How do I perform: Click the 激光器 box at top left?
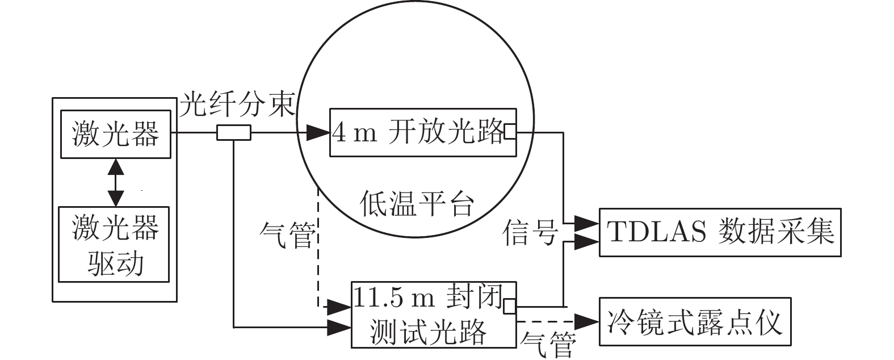coord(116,134)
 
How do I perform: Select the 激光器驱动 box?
coord(114,244)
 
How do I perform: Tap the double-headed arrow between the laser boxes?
coord(116,182)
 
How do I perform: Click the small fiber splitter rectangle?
coord(233,133)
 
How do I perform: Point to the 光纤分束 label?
coord(237,105)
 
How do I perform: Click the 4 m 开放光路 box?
coord(423,133)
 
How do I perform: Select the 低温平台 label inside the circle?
coord(417,203)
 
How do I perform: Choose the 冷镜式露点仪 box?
coord(695,321)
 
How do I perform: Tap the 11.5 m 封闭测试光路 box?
coord(434,315)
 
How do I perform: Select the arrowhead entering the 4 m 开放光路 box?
coord(318,133)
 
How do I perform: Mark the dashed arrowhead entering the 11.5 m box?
coord(339,307)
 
